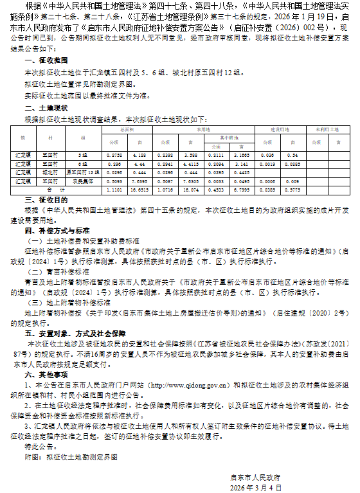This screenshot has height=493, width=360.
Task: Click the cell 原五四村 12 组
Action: [83, 172]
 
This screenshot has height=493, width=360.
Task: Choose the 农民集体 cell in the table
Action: [83, 181]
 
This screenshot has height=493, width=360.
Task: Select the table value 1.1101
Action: [113, 190]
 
